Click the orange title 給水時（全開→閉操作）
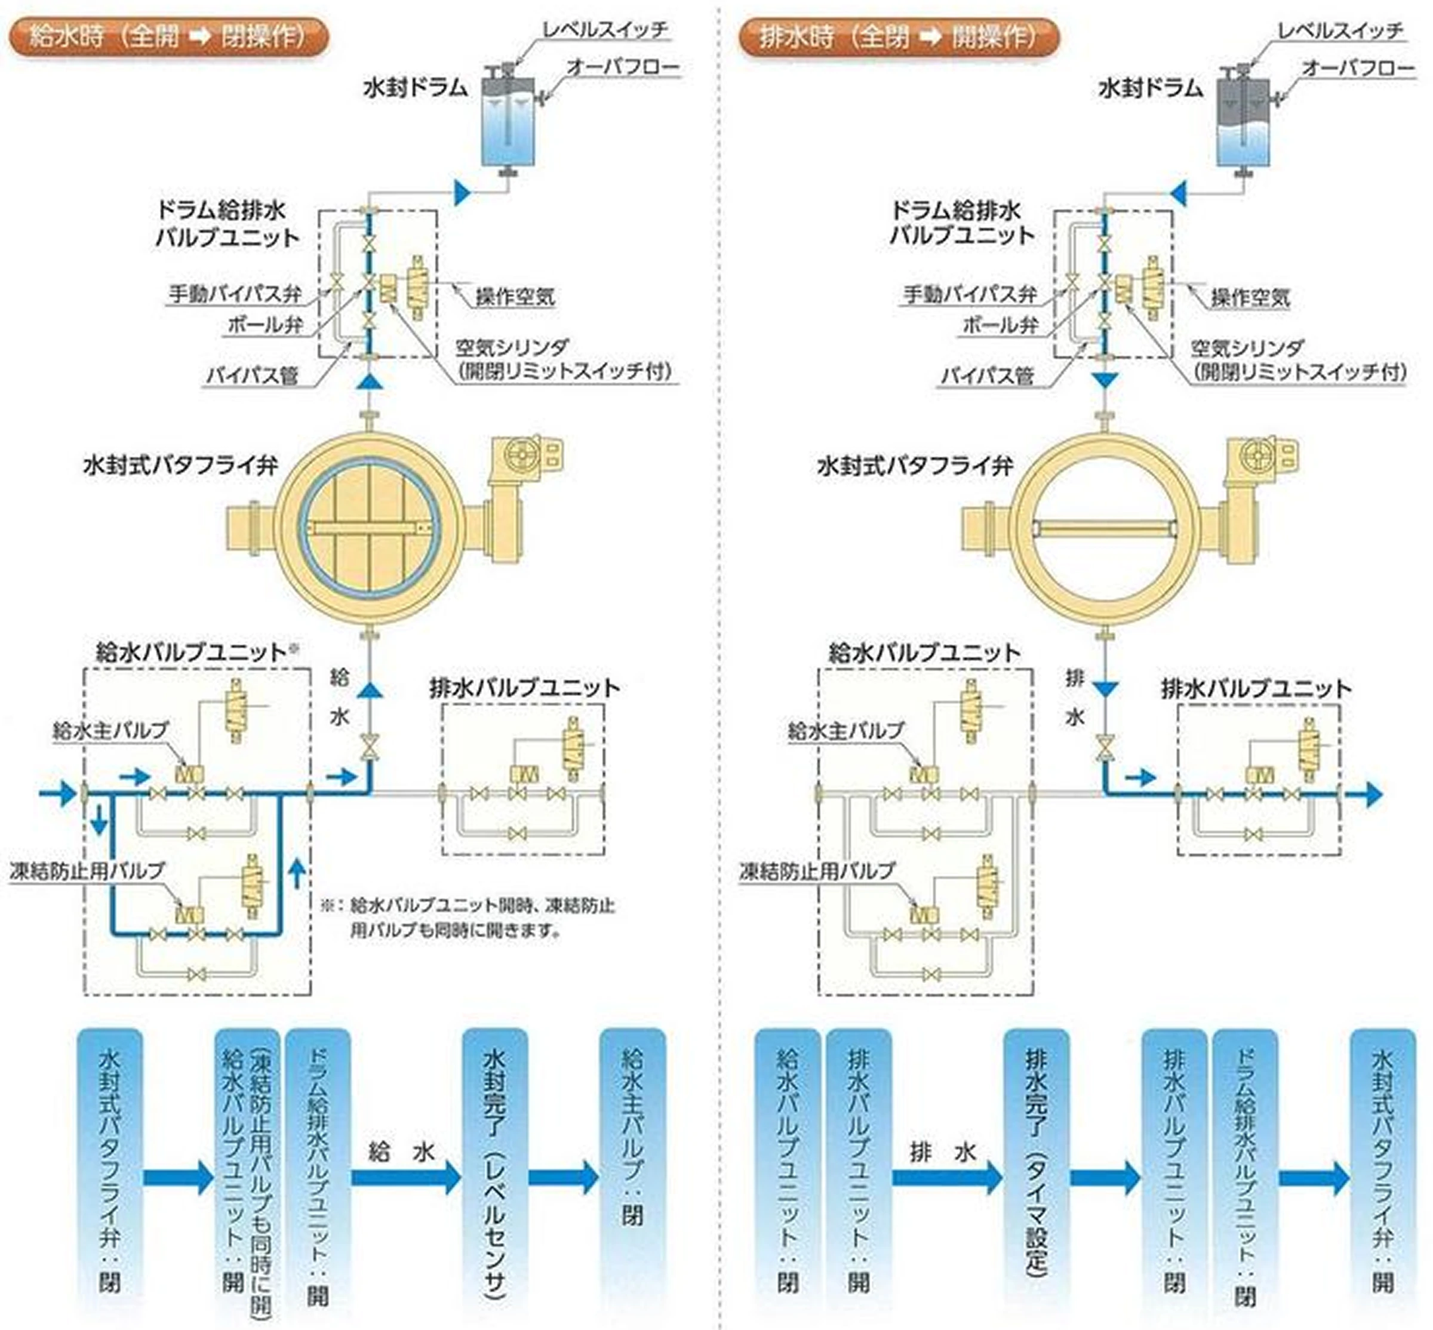click(x=168, y=36)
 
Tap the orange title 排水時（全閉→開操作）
click(x=899, y=36)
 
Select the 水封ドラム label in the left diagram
click(x=416, y=88)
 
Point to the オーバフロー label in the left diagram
click(x=623, y=67)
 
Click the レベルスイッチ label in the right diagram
click(x=1340, y=30)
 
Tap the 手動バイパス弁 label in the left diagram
click(x=235, y=294)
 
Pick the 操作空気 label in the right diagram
click(x=1250, y=297)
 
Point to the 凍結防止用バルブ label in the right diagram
click(x=817, y=871)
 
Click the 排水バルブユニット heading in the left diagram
click(x=525, y=688)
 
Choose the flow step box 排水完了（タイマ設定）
click(x=1037, y=1166)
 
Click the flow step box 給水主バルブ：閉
click(x=632, y=1166)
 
